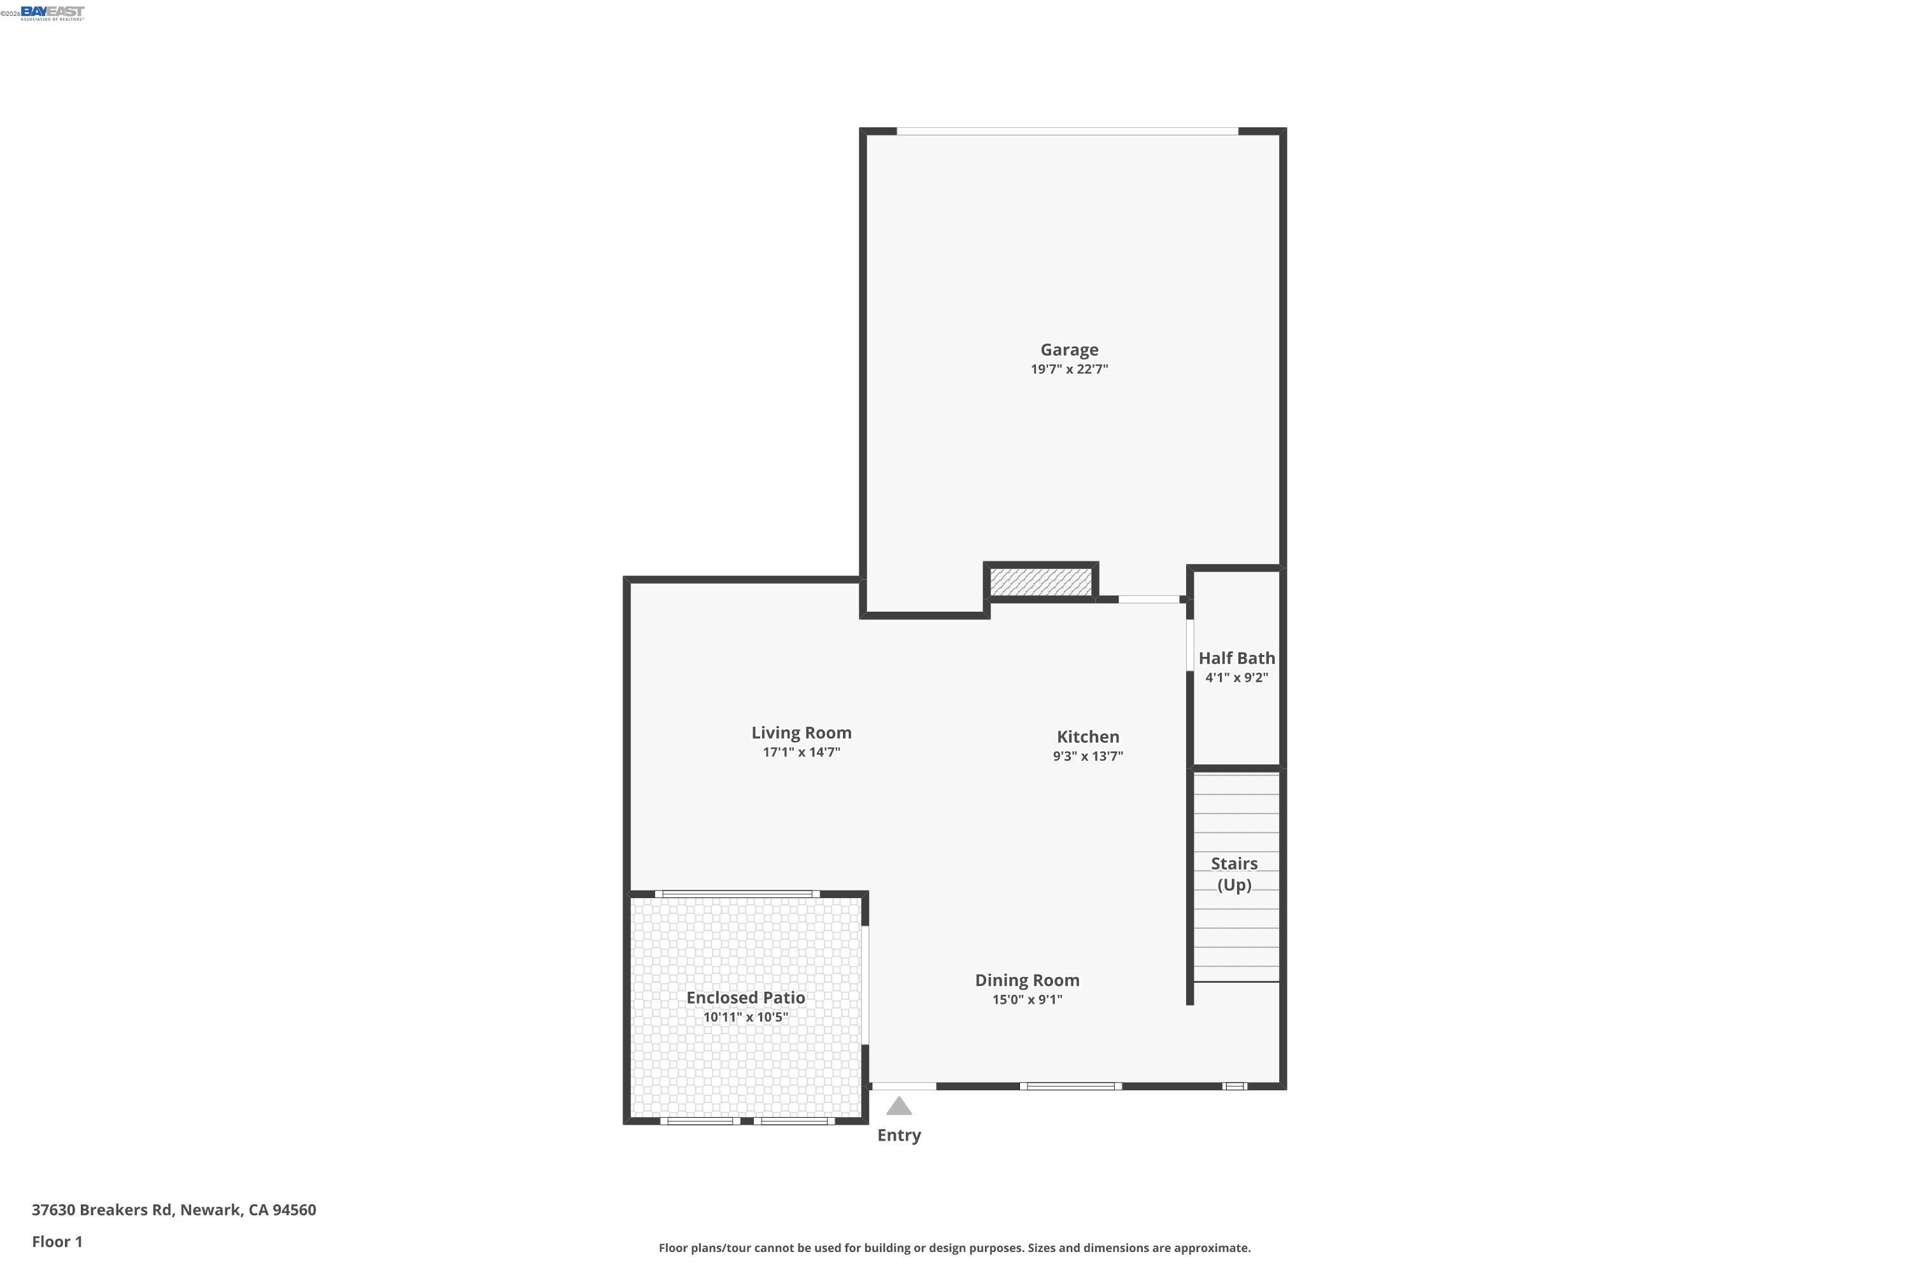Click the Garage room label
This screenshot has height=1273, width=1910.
1069,350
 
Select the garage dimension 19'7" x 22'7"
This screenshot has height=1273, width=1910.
1069,369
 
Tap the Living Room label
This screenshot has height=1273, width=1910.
801,733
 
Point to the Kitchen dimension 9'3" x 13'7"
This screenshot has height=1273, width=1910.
1087,756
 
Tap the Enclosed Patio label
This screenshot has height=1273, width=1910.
746,998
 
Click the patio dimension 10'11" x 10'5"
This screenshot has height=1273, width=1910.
746,1017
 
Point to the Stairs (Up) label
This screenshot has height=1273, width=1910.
1234,875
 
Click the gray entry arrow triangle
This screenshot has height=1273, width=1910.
898,1107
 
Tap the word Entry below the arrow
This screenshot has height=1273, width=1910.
898,1135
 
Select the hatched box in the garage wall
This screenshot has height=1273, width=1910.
1040,581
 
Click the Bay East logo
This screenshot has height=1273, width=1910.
52,12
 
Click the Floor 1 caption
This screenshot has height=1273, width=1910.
57,1241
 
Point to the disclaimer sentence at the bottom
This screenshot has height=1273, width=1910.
954,1248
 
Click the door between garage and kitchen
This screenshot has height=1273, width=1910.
1149,599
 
